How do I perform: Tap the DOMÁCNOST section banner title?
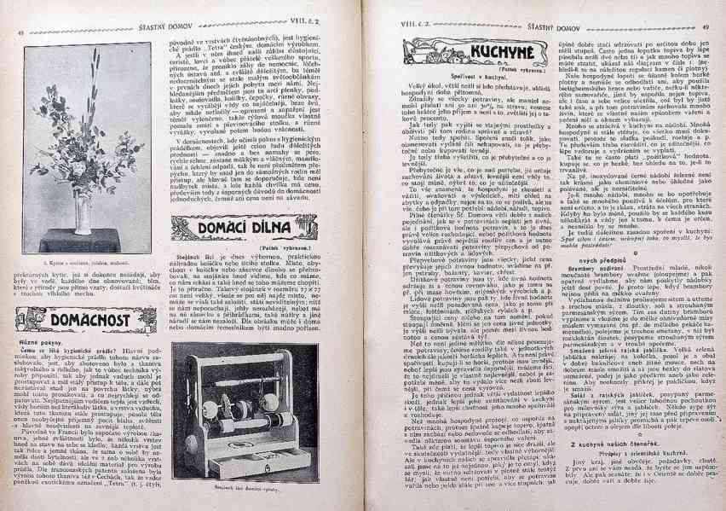[67, 322]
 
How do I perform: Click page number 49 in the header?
[706, 27]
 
